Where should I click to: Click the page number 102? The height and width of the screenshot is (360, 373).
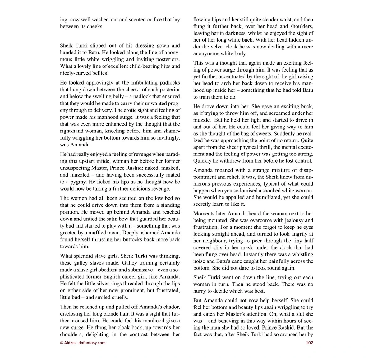[309, 343]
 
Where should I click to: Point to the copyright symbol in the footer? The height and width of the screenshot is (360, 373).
[62, 343]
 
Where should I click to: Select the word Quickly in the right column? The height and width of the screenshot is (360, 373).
[203, 161]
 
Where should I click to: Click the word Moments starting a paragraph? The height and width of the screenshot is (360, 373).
[204, 214]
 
